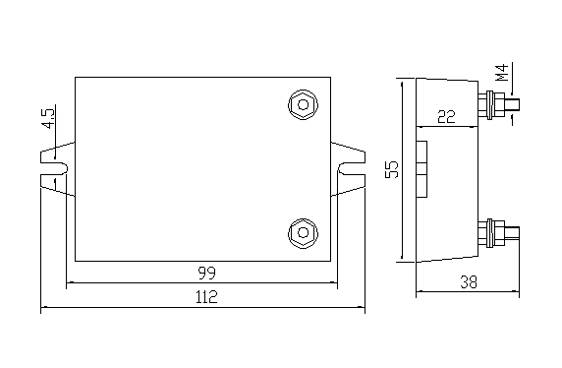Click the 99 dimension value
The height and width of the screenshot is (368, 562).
[x=207, y=274]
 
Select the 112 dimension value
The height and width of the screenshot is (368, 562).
[x=206, y=297]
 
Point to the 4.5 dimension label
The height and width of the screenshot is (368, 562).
[x=48, y=117]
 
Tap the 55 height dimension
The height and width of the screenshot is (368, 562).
[x=392, y=169]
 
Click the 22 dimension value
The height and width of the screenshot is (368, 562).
[x=446, y=117]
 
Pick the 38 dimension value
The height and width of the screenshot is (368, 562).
[x=469, y=282]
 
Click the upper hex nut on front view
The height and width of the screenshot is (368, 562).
[x=304, y=105]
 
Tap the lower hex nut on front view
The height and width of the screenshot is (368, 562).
[x=304, y=232]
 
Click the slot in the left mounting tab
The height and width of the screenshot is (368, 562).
[x=54, y=168]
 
